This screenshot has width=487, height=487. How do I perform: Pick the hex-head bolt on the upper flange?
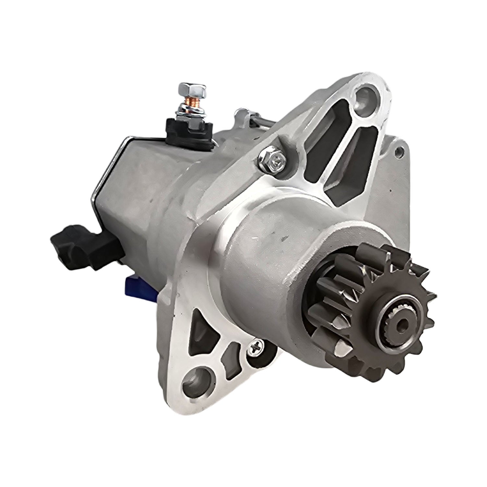[268, 160]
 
